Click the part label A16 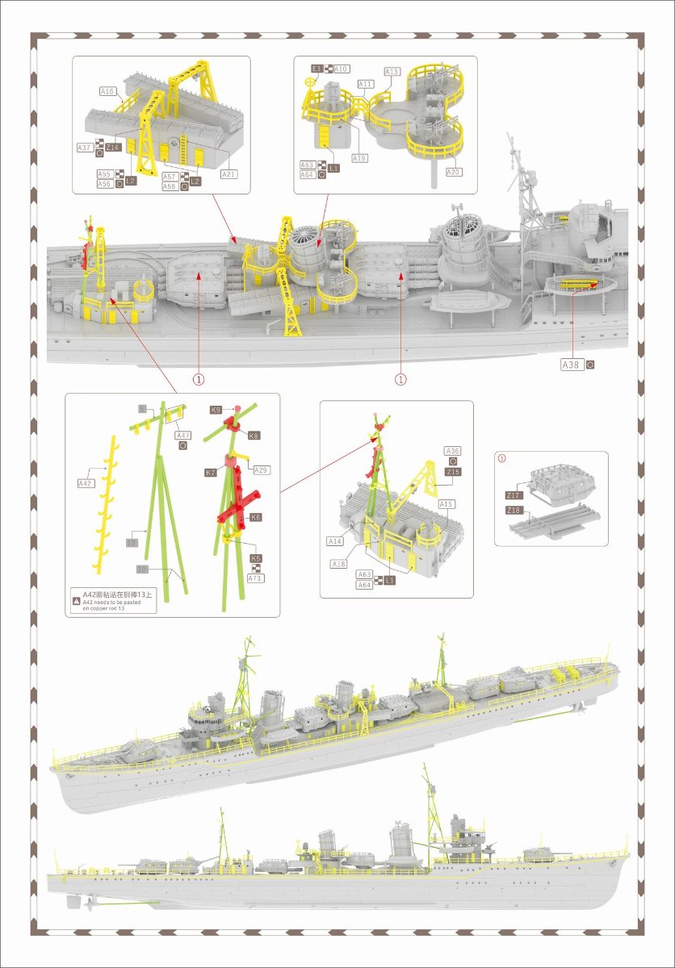pos(107,91)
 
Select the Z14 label pos(113,147)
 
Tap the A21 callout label pos(229,174)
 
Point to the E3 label pos(317,69)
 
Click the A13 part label pos(392,72)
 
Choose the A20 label pos(454,172)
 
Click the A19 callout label pos(359,158)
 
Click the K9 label pos(216,410)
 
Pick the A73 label pos(256,578)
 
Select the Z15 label pos(452,472)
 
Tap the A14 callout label pos(336,540)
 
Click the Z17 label pos(514,494)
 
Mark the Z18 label pos(514,511)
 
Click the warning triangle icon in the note pos(77,601)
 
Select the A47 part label pos(183,435)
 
